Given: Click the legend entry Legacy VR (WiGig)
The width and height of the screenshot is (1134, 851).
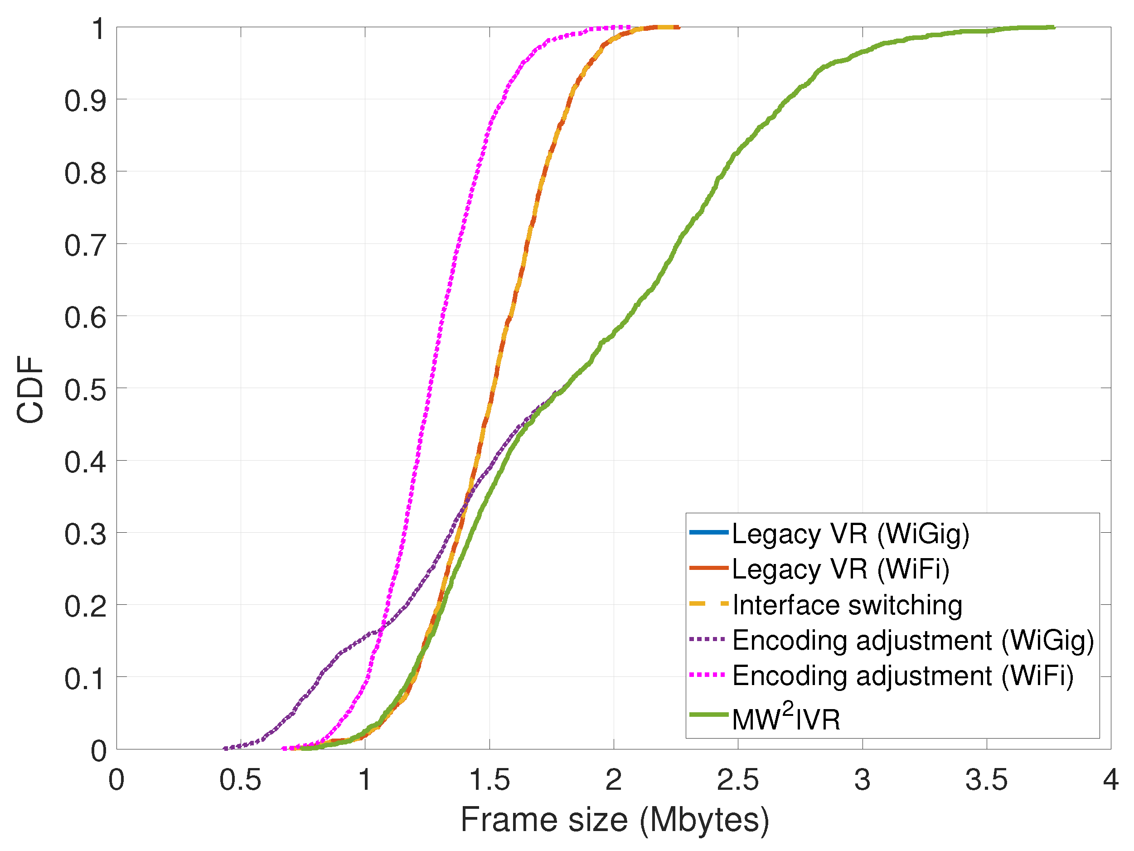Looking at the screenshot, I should pyautogui.click(x=850, y=534).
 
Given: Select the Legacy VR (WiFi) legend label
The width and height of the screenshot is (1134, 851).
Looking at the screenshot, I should pyautogui.click(x=840, y=569).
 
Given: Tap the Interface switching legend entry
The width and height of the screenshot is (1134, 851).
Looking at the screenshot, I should pyautogui.click(x=847, y=605).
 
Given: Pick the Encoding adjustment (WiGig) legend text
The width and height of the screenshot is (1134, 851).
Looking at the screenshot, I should pyautogui.click(x=912, y=640).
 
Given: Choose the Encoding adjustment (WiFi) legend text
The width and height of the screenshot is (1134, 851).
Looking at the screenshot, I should pyautogui.click(x=902, y=676).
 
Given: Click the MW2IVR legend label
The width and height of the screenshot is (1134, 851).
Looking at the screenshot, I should pyautogui.click(x=786, y=717).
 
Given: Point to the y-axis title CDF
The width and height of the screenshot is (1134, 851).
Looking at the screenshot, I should pyautogui.click(x=30, y=390).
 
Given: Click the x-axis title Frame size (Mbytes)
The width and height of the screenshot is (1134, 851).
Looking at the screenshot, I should pyautogui.click(x=614, y=820).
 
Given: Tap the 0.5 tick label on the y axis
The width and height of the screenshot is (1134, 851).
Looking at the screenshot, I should pyautogui.click(x=85, y=390).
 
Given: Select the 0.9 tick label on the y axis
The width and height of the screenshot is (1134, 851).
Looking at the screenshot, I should pyautogui.click(x=85, y=101).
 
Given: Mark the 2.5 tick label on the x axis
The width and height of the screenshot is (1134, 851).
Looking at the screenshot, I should pyautogui.click(x=737, y=780).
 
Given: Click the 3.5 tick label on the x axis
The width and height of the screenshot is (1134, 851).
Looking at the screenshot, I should pyautogui.click(x=986, y=780).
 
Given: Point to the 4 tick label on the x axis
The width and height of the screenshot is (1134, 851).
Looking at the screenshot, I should pyautogui.click(x=1110, y=780).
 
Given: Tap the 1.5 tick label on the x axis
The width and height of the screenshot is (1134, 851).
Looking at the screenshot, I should pyautogui.click(x=489, y=780).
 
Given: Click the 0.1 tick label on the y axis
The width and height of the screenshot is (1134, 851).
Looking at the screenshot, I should pyautogui.click(x=85, y=679).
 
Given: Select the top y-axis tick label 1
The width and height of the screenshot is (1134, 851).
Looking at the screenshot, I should pyautogui.click(x=98, y=29).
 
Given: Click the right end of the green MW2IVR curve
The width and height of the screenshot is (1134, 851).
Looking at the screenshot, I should pyautogui.click(x=1053, y=27).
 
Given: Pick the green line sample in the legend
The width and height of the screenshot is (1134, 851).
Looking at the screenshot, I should pyautogui.click(x=708, y=715).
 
